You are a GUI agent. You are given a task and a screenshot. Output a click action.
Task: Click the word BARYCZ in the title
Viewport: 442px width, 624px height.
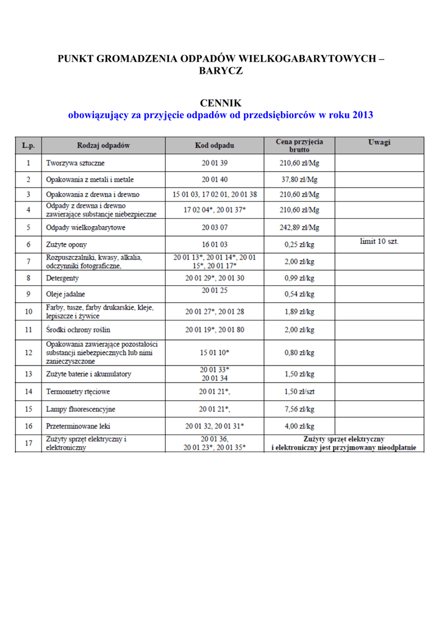tap(221, 71)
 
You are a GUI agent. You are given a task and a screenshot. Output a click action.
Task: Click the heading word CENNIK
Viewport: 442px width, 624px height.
tap(221, 103)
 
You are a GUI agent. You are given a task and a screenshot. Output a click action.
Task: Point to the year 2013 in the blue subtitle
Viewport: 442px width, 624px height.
tap(362, 115)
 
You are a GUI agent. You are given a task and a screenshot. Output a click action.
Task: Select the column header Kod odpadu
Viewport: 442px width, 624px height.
tap(214, 146)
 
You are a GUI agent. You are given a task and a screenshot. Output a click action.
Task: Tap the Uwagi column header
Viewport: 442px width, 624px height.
tap(379, 143)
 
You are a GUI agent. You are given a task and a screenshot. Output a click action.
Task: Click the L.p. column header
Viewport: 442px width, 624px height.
tap(28, 146)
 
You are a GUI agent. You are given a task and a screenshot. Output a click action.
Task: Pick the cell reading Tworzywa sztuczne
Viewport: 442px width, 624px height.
tap(75, 163)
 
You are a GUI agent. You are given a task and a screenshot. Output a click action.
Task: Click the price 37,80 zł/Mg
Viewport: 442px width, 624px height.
tap(299, 180)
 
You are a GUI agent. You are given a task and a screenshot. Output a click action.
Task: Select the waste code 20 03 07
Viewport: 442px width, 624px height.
tap(214, 227)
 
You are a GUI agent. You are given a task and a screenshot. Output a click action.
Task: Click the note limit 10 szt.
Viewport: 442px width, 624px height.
tap(379, 241)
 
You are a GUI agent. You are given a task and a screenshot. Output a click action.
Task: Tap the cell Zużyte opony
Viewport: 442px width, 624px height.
tap(68, 244)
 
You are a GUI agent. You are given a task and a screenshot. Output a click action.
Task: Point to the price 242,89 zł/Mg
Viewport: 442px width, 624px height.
tap(299, 227)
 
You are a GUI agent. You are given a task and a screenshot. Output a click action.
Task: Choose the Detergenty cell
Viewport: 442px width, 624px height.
tap(62, 278)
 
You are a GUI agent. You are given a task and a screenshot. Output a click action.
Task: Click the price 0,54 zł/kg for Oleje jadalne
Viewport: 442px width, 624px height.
tap(299, 294)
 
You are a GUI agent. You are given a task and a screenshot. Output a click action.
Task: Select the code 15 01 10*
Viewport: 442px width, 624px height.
tap(214, 352)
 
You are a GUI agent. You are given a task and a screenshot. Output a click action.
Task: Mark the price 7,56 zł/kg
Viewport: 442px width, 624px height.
tap(299, 409)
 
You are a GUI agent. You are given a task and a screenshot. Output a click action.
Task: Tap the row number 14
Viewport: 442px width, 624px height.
tap(28, 391)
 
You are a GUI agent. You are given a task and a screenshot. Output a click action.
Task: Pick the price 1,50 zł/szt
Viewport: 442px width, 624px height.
tap(299, 391)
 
